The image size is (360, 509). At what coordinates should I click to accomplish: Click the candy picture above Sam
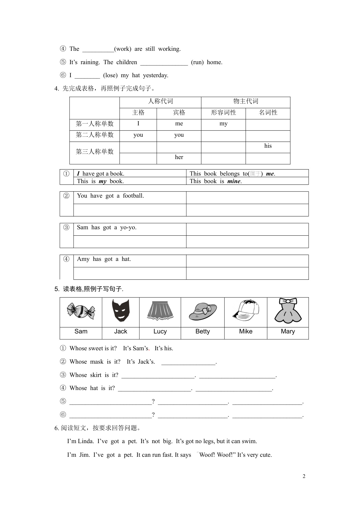pyautogui.click(x=81, y=311)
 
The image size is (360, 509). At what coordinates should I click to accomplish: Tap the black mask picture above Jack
pyautogui.click(x=120, y=311)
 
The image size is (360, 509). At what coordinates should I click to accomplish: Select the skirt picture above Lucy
pyautogui.click(x=160, y=311)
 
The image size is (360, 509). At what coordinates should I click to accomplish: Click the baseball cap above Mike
pyautogui.click(x=246, y=311)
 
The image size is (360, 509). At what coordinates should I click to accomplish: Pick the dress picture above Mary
pyautogui.click(x=288, y=311)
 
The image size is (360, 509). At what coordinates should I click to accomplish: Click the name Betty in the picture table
pyautogui.click(x=202, y=331)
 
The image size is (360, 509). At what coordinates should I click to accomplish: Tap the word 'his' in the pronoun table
pyautogui.click(x=268, y=146)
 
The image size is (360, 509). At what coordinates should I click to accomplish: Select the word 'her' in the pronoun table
pyautogui.click(x=179, y=157)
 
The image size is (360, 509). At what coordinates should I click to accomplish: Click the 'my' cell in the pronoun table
pyautogui.click(x=223, y=124)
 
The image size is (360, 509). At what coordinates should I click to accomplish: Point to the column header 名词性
pyautogui.click(x=268, y=113)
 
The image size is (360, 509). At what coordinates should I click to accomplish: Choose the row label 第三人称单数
pyautogui.click(x=95, y=151)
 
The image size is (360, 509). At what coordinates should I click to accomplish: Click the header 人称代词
pyautogui.click(x=160, y=101)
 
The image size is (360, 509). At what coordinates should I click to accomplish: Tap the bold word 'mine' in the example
pyautogui.click(x=234, y=181)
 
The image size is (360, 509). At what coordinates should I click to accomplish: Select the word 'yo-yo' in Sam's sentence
pyautogui.click(x=128, y=227)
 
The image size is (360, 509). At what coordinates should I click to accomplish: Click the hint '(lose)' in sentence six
pyautogui.click(x=110, y=75)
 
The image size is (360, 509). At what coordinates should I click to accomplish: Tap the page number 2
pyautogui.click(x=304, y=476)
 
